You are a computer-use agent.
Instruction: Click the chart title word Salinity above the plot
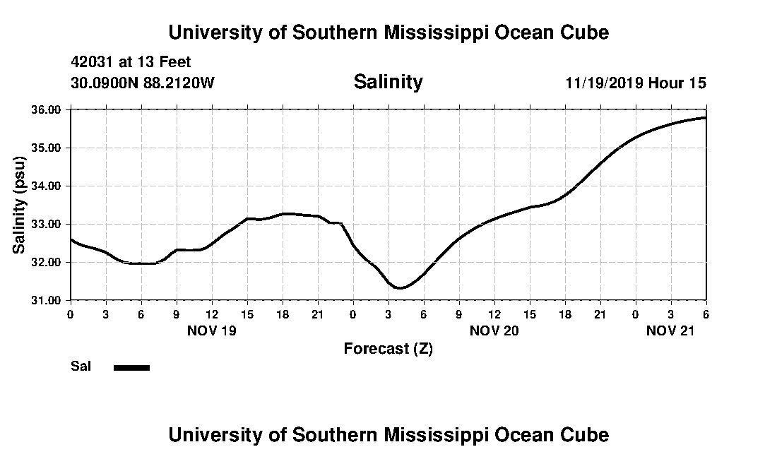point(388,82)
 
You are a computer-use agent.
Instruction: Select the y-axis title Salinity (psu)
point(19,205)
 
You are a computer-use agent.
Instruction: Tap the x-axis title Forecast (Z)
point(388,348)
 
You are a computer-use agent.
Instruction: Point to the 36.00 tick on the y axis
point(47,109)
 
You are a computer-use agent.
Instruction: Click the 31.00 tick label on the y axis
point(47,300)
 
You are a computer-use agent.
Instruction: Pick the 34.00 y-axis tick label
point(47,186)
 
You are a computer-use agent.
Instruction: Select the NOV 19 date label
point(211,330)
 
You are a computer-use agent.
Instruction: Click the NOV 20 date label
point(494,330)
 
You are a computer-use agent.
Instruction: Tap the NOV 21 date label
point(670,330)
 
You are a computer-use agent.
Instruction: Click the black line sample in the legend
point(132,367)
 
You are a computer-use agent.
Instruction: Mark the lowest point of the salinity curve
point(400,288)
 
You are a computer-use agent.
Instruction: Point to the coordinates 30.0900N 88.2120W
point(142,83)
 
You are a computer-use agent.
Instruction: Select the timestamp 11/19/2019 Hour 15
point(635,83)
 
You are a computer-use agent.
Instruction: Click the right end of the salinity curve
point(706,117)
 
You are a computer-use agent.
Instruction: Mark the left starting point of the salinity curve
point(71,239)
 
